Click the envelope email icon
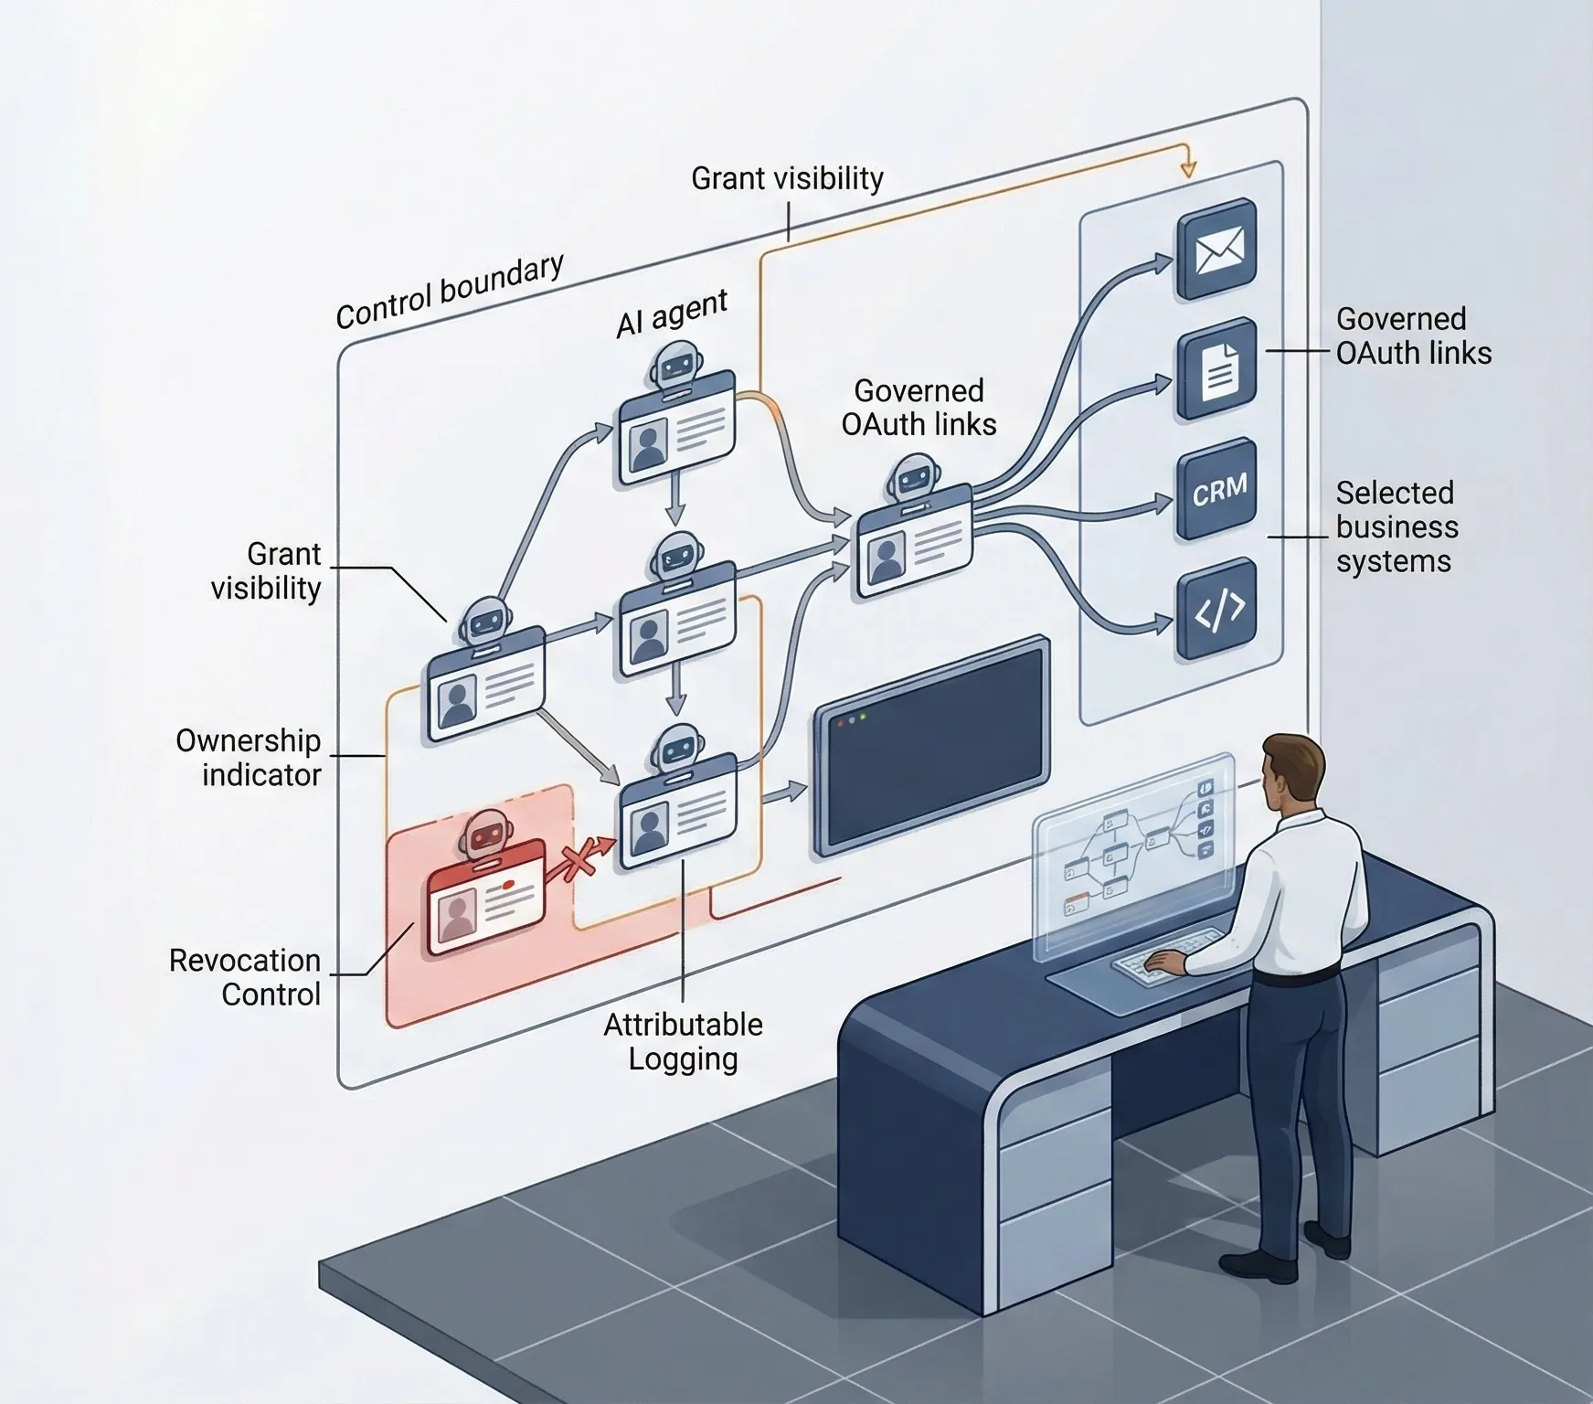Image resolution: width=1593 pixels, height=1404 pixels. tap(1216, 250)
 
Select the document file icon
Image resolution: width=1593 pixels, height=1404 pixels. tap(1216, 370)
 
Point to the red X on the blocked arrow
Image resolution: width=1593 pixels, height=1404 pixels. tap(578, 859)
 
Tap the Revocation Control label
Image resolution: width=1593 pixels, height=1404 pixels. tap(245, 977)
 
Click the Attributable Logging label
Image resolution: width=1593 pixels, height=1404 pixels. tap(683, 1041)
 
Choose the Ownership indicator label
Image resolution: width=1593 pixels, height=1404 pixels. tap(249, 757)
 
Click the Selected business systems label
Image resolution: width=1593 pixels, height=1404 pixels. tap(1395, 526)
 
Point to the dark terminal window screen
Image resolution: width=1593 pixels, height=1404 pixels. tap(931, 745)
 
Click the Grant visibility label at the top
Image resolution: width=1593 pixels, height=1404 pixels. tap(787, 178)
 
